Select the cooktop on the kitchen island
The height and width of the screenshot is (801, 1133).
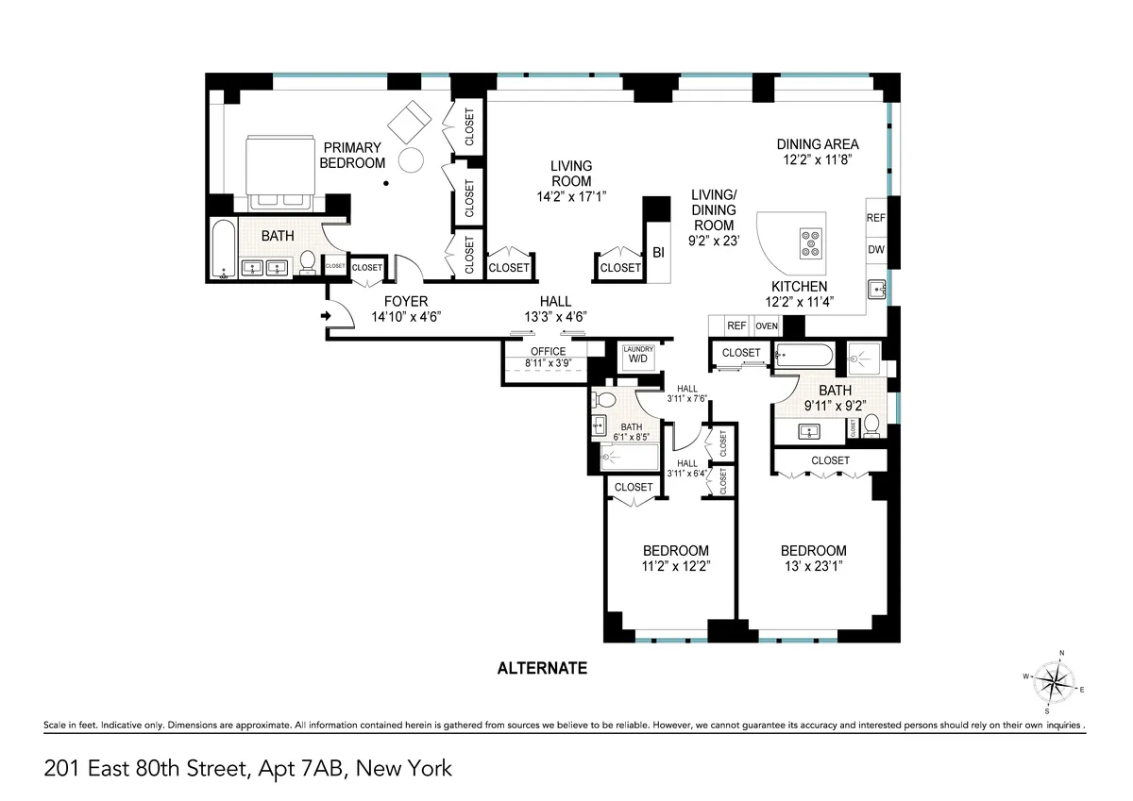pos(809,242)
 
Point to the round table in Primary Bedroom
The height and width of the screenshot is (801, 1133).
pos(412,159)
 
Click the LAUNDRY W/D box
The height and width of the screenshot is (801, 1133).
pos(637,357)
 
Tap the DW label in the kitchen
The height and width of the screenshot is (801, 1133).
pos(875,250)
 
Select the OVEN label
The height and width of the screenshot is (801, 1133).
pos(767,326)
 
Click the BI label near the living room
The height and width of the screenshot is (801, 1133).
pos(658,253)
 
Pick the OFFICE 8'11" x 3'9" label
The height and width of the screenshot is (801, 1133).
pos(547,358)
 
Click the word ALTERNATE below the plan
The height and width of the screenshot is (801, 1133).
pos(542,668)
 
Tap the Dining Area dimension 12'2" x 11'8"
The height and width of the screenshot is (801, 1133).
pos(818,160)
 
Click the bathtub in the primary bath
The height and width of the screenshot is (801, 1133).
pos(223,250)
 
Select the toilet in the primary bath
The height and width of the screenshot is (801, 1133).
pos(308,263)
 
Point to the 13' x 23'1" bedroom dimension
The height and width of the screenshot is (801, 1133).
pos(813,567)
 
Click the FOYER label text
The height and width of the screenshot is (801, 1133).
pos(406,302)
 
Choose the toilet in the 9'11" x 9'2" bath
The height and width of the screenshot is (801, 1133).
pos(872,426)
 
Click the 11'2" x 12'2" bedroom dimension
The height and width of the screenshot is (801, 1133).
pos(675,567)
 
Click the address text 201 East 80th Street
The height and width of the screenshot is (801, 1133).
pos(146,768)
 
